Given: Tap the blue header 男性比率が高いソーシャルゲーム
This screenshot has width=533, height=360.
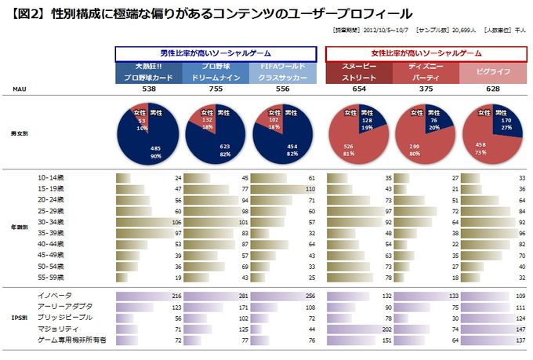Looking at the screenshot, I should pos(221,53).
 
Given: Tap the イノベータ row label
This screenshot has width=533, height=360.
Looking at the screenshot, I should pos(53,295).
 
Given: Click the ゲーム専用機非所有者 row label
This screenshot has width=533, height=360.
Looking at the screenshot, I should pos(71,341).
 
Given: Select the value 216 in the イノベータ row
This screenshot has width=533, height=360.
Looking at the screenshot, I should pos(176,296).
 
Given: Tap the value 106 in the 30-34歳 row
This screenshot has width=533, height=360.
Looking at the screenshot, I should pos(176,223).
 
